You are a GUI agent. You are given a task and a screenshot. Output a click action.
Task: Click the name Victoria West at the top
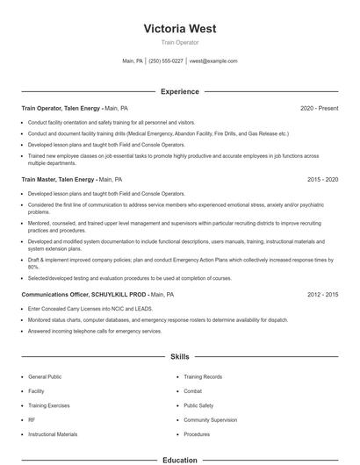(x=179, y=28)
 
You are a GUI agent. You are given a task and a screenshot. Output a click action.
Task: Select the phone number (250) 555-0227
(x=165, y=61)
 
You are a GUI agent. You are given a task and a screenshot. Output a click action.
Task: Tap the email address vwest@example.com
(x=214, y=61)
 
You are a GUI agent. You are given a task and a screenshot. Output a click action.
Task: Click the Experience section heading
(x=179, y=91)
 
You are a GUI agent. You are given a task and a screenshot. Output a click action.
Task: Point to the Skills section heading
(x=179, y=357)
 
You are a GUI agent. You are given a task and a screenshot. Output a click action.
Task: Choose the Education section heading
(x=179, y=459)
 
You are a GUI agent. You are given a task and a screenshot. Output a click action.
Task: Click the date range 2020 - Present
(x=319, y=108)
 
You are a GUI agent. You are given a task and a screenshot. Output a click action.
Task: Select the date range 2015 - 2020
(x=322, y=179)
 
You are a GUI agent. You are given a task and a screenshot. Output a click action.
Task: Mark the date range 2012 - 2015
(x=322, y=296)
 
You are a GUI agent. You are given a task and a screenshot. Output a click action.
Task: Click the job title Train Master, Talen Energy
(x=59, y=179)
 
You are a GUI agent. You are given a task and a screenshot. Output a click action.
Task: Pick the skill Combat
(x=193, y=391)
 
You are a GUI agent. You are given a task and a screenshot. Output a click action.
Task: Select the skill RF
(x=32, y=420)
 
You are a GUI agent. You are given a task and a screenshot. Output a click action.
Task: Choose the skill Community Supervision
(x=211, y=420)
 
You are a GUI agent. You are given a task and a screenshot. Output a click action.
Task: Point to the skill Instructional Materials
(x=53, y=434)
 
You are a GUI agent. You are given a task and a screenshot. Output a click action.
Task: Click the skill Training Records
(x=203, y=377)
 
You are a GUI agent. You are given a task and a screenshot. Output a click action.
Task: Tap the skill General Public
(x=44, y=377)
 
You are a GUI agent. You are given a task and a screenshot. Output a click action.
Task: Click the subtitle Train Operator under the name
(x=179, y=42)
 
